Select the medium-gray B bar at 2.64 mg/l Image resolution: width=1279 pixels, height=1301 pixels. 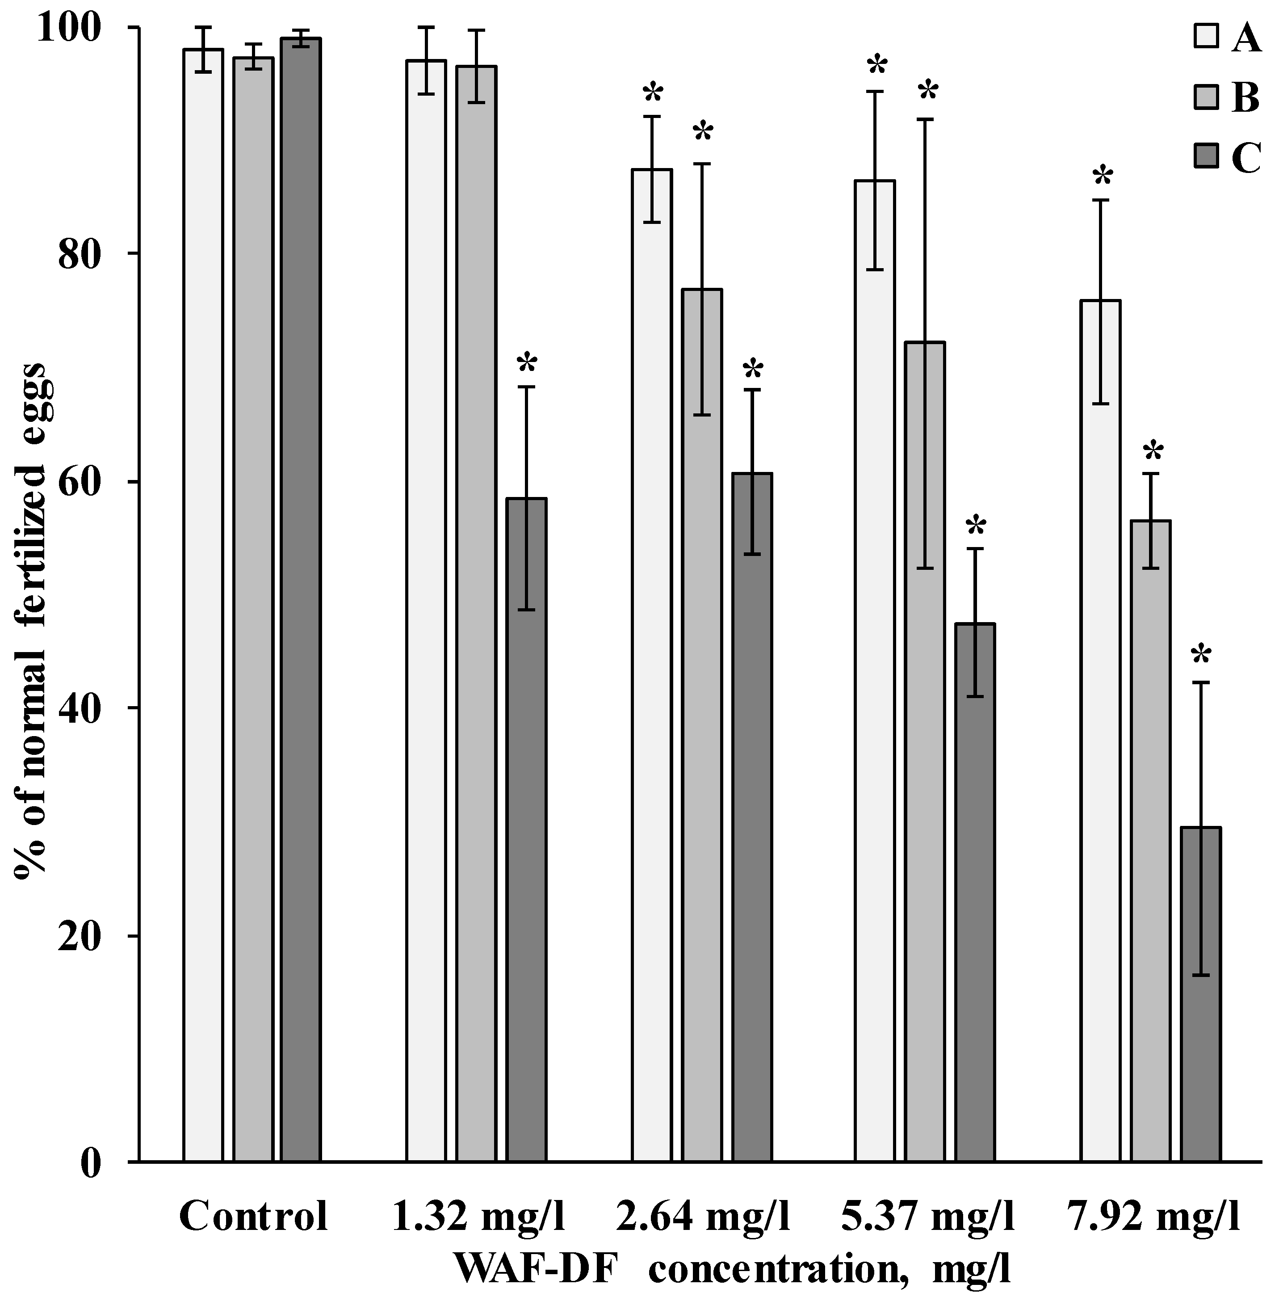[702, 726]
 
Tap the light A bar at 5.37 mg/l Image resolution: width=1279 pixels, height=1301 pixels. [875, 672]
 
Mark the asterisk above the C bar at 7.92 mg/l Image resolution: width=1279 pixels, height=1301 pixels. [1201, 656]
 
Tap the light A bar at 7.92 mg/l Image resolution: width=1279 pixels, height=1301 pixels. [1100, 733]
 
